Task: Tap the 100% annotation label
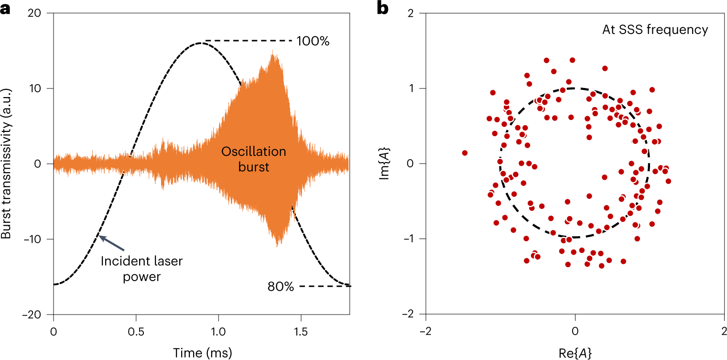pos(313,41)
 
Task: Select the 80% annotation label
pos(281,287)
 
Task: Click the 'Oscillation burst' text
pos(253,159)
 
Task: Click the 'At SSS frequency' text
pos(655,30)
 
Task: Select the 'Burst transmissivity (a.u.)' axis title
pos(7,164)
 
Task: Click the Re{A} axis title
pos(575,353)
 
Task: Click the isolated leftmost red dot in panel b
pos(465,153)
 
